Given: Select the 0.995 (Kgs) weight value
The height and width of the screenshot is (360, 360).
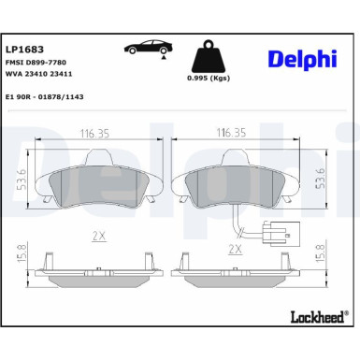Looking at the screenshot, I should (x=207, y=79).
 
